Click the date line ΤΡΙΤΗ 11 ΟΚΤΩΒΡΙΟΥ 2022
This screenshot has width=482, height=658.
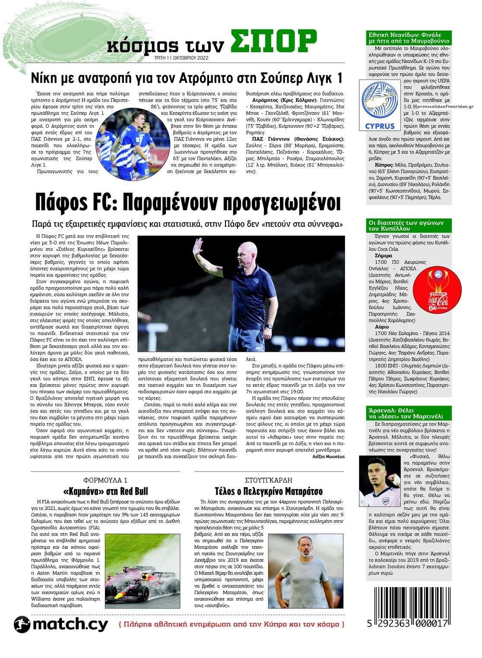pos(181,58)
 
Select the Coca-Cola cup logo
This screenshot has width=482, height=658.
pos(438,289)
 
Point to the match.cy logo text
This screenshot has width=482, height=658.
pos(69,624)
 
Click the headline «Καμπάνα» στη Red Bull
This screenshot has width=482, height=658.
pos(105,491)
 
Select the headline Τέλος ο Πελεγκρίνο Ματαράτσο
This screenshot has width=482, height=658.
pos(269,491)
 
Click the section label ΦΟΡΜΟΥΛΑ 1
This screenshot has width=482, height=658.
pos(105,480)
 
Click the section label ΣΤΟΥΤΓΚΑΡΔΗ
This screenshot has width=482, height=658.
pos(269,480)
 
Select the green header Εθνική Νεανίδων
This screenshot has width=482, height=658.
pos(408,38)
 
